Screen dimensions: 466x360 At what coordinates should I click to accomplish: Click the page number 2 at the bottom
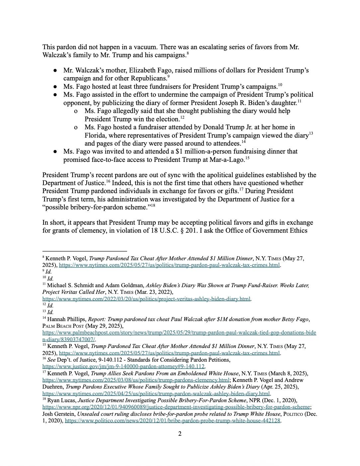pos(180,434)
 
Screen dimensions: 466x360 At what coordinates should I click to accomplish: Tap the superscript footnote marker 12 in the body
pos(182,118)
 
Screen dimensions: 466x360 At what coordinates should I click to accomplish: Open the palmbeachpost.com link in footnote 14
pos(179,332)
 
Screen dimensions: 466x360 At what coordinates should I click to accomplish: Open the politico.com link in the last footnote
pos(173,421)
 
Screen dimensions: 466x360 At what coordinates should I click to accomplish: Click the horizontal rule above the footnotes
pos(85,251)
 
